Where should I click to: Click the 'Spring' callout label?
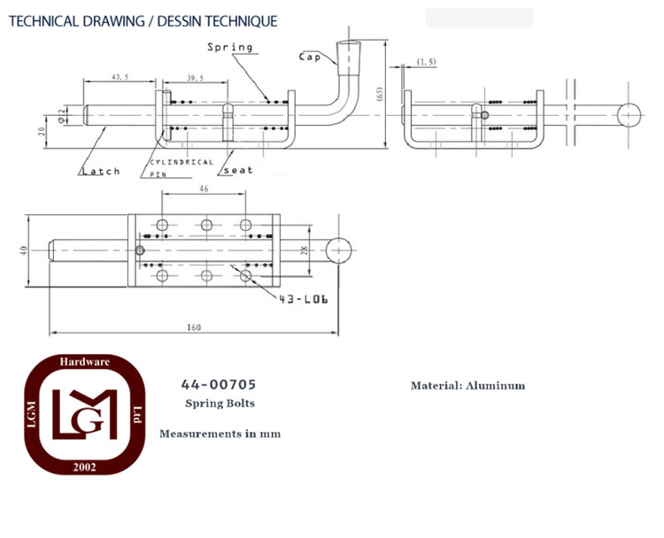point(230,48)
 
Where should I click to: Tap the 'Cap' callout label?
point(310,58)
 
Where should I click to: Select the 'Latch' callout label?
point(101,171)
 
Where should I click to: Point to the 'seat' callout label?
point(238,170)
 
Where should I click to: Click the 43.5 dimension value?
point(120,77)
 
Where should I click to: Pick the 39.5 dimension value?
point(196,78)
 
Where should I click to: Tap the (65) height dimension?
point(380,94)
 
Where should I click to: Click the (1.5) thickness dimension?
point(427,62)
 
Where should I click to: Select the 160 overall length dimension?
point(194,327)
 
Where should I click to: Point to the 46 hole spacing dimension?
point(204,188)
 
